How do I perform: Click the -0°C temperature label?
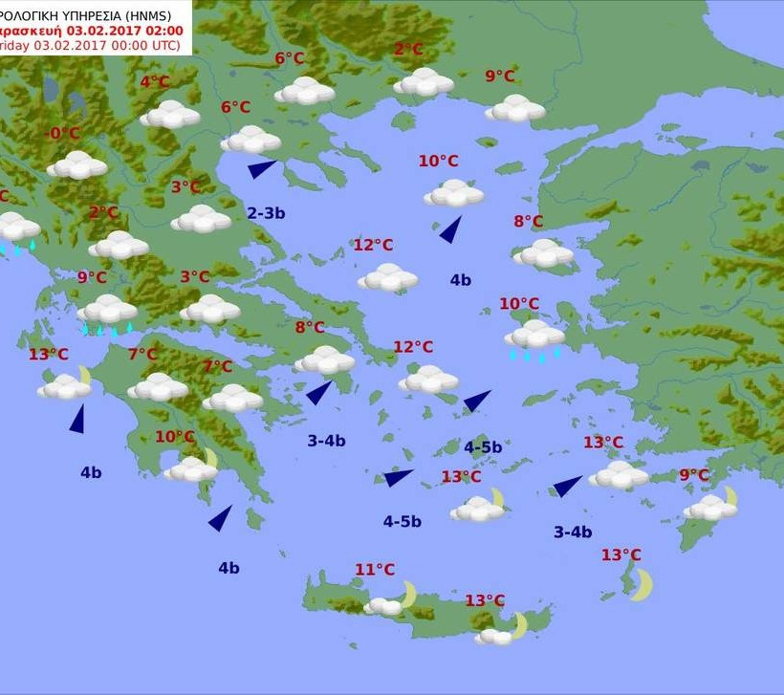[64, 134]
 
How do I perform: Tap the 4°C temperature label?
[155, 82]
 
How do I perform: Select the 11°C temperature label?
[375, 570]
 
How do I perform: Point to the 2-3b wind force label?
[266, 213]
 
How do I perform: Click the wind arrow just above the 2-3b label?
[262, 169]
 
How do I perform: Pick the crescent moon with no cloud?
[642, 584]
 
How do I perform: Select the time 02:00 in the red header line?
[163, 29]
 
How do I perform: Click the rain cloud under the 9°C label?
[107, 311]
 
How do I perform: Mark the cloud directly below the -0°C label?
[77, 164]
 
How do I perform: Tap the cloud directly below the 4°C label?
[170, 115]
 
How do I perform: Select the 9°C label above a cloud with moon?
[694, 475]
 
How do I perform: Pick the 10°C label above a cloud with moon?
[175, 437]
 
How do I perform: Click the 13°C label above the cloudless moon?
[621, 554]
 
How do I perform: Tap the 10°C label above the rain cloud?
[519, 304]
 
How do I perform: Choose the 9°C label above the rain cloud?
[93, 278]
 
